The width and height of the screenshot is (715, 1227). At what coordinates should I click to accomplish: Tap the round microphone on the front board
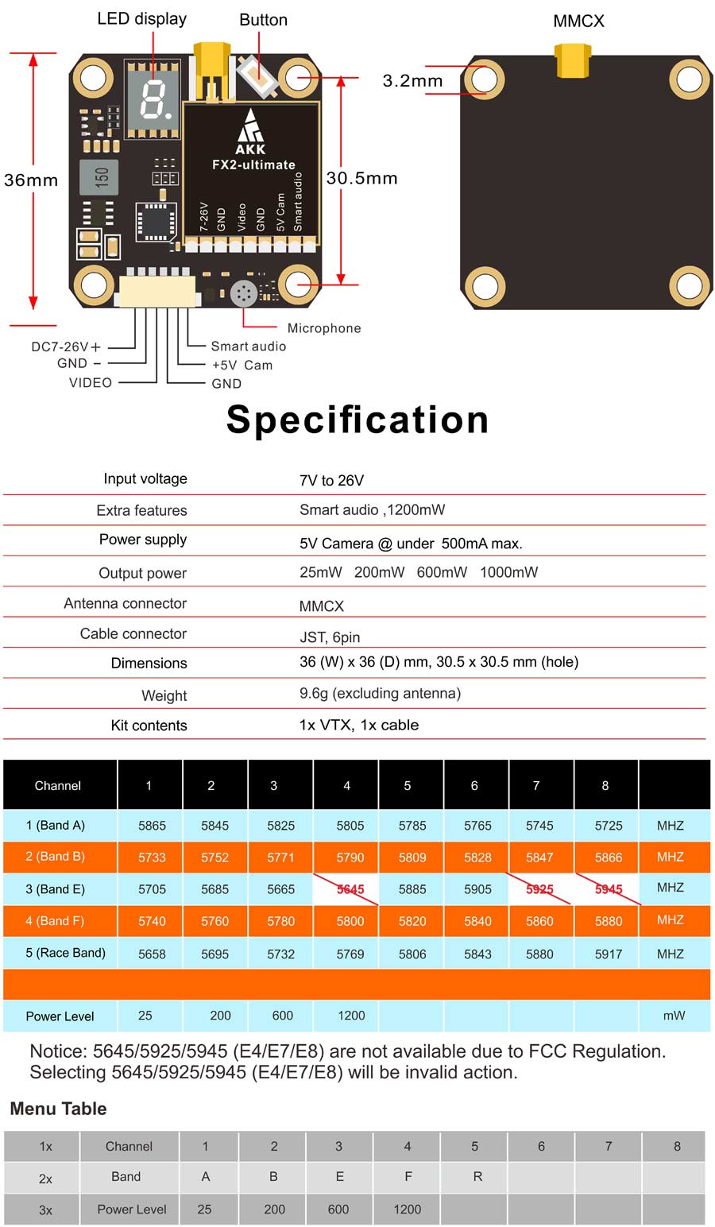[x=243, y=294]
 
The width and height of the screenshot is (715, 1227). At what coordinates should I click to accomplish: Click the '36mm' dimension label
[x=31, y=180]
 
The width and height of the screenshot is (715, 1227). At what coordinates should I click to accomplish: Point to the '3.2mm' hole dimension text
[x=412, y=81]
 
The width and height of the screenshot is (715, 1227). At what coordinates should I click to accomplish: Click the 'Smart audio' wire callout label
[x=248, y=346]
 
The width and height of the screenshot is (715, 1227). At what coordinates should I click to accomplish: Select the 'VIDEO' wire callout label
[x=91, y=383]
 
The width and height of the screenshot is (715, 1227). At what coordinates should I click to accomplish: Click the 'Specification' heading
[x=357, y=420]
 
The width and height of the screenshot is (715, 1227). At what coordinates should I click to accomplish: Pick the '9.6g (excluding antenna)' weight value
[x=380, y=693]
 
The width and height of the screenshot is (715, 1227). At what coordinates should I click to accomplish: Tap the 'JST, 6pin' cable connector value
[x=330, y=637]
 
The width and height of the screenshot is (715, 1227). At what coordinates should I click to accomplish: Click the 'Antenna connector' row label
[x=125, y=604]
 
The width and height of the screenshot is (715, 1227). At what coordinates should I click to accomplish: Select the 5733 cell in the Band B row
[x=152, y=857]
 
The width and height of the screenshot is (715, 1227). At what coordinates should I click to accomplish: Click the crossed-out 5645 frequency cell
[x=350, y=889]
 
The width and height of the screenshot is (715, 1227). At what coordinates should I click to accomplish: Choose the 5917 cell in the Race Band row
[x=609, y=954]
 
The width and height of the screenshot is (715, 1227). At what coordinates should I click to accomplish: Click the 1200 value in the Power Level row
[x=351, y=1016]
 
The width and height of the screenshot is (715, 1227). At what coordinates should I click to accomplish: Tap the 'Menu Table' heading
[x=58, y=1109]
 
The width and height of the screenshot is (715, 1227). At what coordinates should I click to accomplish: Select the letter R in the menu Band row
[x=477, y=1177]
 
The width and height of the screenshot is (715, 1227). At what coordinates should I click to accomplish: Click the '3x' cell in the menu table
[x=45, y=1210]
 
